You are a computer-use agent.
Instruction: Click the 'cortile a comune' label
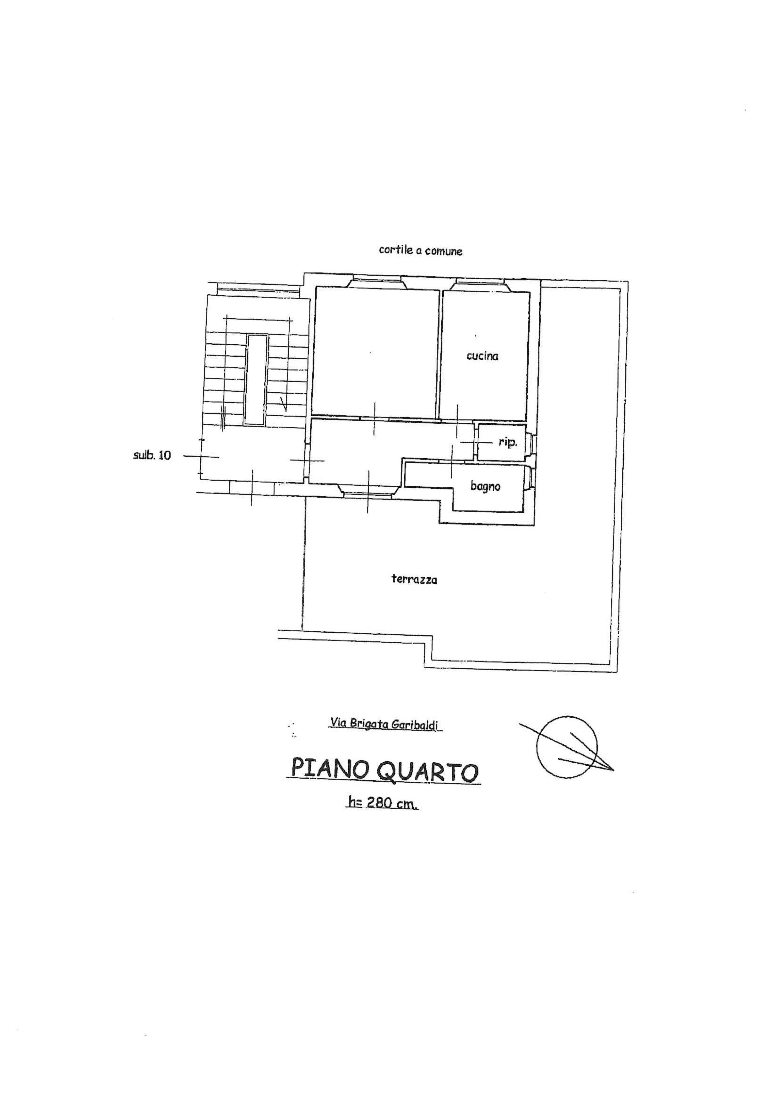(420, 250)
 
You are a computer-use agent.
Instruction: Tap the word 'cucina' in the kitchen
(482, 356)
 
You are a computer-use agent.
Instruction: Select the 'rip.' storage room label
(508, 442)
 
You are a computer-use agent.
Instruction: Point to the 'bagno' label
(485, 486)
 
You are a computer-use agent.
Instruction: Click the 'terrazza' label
(414, 579)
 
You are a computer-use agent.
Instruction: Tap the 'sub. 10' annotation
(152, 455)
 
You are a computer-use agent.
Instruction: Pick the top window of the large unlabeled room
(377, 283)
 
